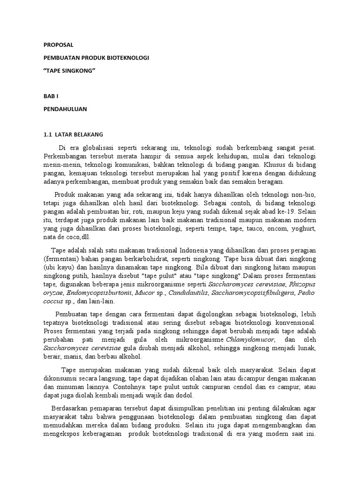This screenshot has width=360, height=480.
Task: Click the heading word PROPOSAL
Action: point(59,45)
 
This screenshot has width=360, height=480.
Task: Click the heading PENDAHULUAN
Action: point(65,109)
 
